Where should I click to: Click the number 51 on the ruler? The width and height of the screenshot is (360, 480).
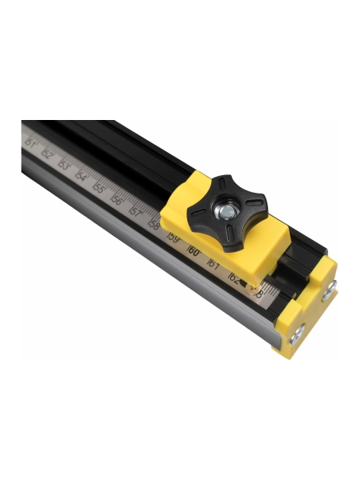pos(31,143)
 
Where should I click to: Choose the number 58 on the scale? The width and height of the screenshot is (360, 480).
pos(154,226)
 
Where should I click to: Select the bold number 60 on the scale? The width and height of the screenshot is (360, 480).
pos(193,250)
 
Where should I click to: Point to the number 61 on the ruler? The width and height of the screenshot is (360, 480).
pos(213,263)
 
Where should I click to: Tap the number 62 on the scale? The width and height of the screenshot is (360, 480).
pos(234,278)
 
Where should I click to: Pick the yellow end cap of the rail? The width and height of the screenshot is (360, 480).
pos(308,308)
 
